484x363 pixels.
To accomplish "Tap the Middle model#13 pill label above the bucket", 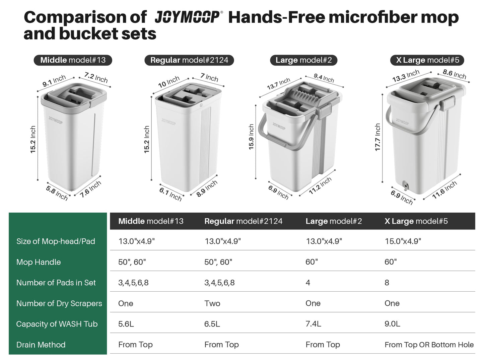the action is tap(73, 60).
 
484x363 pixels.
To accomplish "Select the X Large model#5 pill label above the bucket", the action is tap(427, 60).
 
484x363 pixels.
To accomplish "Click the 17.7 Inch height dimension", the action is tap(377, 137).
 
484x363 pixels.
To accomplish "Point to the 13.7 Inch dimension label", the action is tap(278, 84).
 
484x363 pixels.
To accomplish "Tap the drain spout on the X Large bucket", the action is tap(405, 186).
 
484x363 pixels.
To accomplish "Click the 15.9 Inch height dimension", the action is tap(251, 137).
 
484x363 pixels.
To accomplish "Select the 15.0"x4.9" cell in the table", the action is tap(403, 241).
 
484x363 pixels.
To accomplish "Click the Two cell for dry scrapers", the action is tap(212, 303).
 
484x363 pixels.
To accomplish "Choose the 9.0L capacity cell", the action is tap(392, 324).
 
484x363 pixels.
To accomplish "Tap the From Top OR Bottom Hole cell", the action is tap(429, 345).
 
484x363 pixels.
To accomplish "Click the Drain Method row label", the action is tap(41, 345).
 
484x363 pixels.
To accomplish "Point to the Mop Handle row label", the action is tap(39, 262).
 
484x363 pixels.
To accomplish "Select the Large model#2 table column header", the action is tap(334, 221).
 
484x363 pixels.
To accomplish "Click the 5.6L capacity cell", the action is tap(126, 324).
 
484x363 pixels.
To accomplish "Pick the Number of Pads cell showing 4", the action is tap(308, 283).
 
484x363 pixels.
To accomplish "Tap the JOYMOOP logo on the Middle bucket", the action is tap(55, 120).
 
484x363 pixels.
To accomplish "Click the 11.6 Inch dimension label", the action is tap(444, 190).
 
